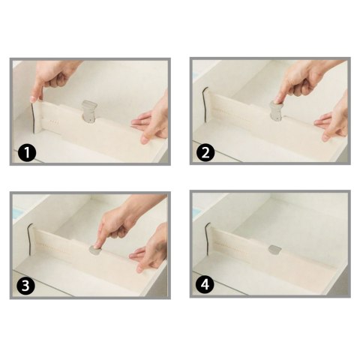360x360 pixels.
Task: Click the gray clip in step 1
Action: coord(89,112)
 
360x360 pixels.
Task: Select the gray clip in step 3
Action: coord(94,250)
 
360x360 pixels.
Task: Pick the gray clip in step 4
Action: coord(274,248)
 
